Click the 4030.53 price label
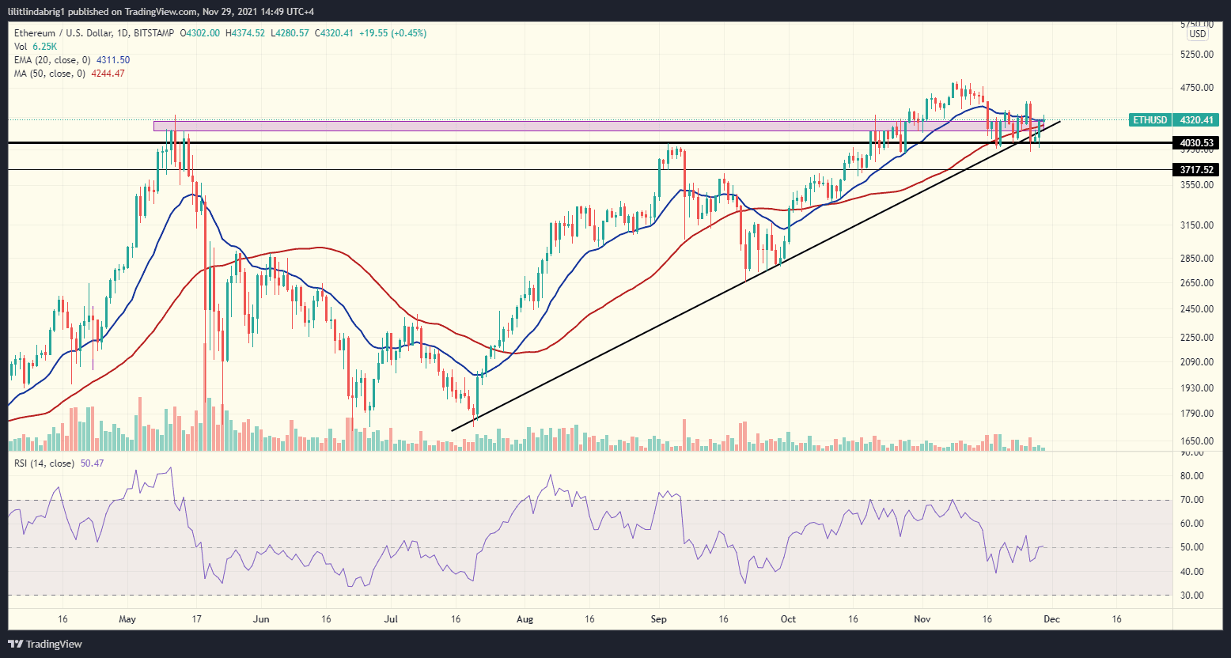(x=1196, y=143)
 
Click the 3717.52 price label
(x=1196, y=170)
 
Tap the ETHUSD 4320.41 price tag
(x=1174, y=120)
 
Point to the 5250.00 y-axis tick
(x=1196, y=55)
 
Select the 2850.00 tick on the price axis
(x=1196, y=259)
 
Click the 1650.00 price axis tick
(x=1196, y=441)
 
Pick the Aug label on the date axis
(x=524, y=618)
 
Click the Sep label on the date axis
(x=659, y=618)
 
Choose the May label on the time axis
(x=127, y=618)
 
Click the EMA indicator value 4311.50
(x=113, y=60)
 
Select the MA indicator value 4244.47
(x=108, y=74)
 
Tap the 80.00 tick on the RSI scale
(x=1192, y=476)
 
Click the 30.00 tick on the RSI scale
(x=1192, y=596)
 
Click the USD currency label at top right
(x=1198, y=34)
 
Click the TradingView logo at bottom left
(x=45, y=644)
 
